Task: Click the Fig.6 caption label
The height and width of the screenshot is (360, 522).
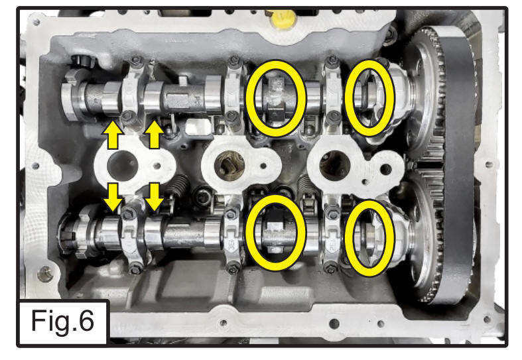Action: click(62, 321)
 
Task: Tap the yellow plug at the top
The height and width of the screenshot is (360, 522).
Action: click(283, 19)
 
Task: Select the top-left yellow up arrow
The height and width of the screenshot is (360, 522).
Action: click(113, 135)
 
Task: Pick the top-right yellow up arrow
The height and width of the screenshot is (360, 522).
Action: click(154, 135)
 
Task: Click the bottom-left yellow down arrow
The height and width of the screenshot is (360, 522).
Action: click(113, 197)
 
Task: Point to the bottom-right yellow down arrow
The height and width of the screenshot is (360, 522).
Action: click(154, 197)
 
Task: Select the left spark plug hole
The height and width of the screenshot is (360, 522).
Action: click(122, 166)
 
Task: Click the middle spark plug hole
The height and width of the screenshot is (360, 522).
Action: click(229, 166)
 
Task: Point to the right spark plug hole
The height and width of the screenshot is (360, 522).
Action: click(335, 166)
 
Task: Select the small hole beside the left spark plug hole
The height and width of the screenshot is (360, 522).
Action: click(157, 166)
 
